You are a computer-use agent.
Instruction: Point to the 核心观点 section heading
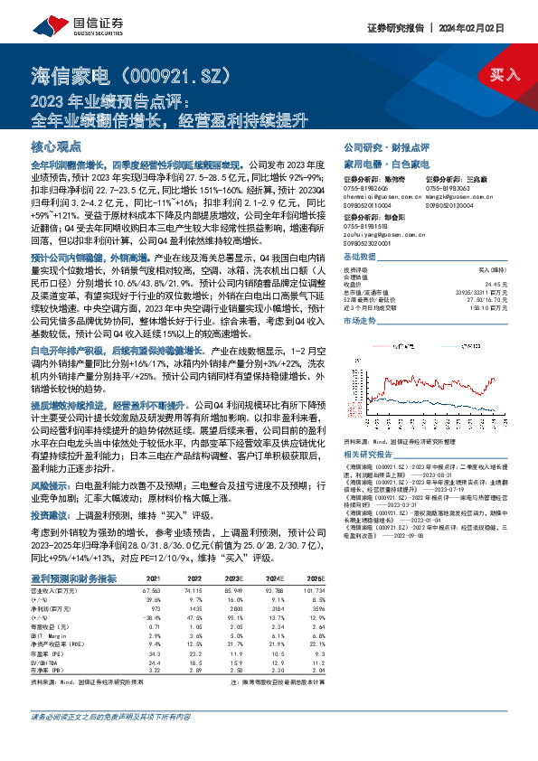[56, 146]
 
